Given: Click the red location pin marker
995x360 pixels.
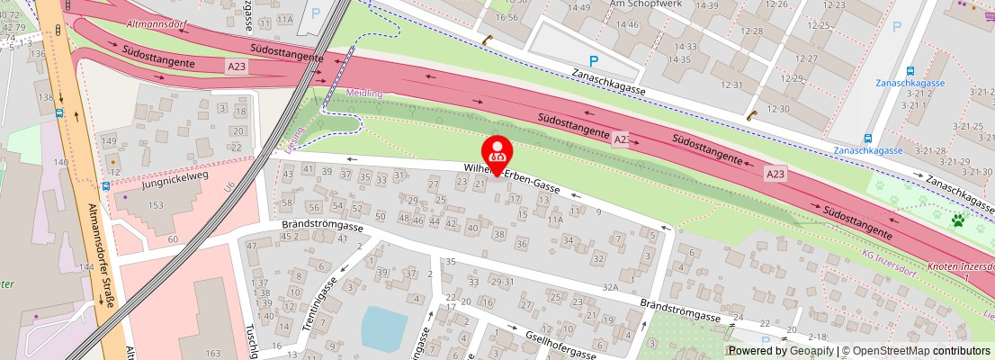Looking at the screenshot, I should click(497, 153).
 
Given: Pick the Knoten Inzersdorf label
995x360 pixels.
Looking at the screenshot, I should click(958, 267).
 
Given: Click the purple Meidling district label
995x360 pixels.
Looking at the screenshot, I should click(364, 93).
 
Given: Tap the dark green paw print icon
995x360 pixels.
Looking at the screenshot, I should click(959, 219).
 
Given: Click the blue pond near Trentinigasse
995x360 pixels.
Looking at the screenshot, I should click(384, 327).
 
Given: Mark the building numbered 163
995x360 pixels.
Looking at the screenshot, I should click(213, 354).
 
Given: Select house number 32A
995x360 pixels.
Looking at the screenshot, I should click(611, 287).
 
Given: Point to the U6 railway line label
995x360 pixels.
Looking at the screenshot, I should click(229, 186).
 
